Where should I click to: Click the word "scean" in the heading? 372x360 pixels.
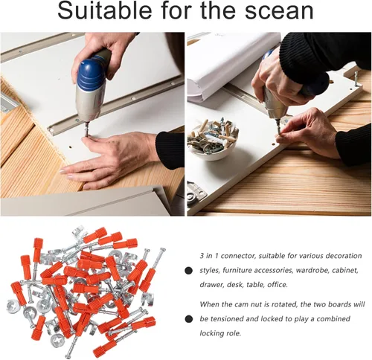coord(279,11)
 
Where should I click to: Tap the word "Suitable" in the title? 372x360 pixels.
coord(105,10)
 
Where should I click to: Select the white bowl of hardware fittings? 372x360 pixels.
coord(213,139)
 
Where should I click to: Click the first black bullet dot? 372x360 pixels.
coord(189,271)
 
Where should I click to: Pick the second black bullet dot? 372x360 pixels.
coord(189,319)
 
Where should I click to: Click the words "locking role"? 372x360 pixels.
coord(220,333)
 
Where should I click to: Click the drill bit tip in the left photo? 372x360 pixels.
coord(86,135)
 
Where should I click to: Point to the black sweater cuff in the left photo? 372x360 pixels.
coord(170,150)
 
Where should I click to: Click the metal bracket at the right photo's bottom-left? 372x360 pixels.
coord(196,193)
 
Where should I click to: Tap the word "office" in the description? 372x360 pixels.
coord(278,285)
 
